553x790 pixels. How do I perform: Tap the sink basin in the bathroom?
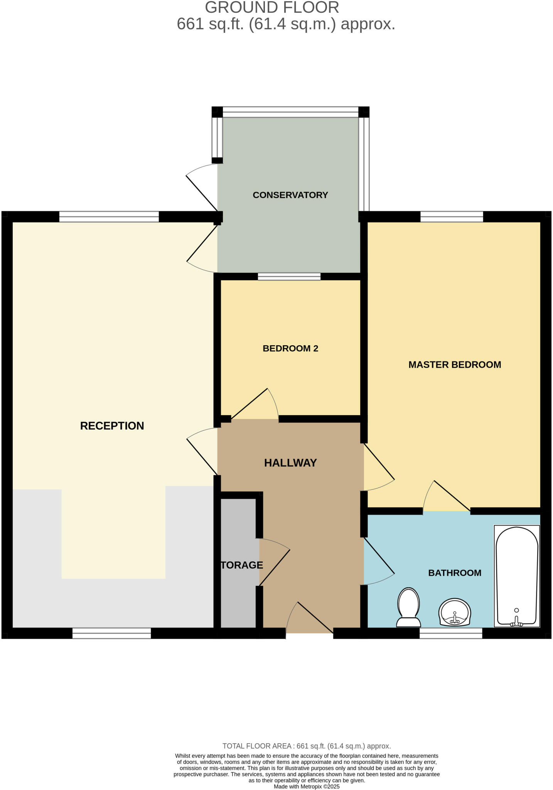tap(455, 612)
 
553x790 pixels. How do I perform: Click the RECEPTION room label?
tap(112, 426)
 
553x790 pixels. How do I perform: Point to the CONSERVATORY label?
tap(290, 195)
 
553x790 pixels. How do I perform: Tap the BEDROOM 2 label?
tap(290, 349)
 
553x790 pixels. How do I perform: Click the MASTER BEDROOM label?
tap(455, 365)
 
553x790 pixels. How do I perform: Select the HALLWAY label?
tap(290, 463)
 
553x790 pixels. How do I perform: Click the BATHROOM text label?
tap(455, 573)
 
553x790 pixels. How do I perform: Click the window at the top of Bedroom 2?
tap(289, 277)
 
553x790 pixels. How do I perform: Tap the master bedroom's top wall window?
tap(452, 217)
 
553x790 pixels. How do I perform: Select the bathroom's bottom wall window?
tap(451, 633)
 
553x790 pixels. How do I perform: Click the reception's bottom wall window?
tap(111, 633)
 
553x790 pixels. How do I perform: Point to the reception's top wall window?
tap(109, 217)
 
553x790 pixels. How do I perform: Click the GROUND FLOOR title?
tap(272, 8)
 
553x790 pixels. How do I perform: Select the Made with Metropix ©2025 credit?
tap(307, 787)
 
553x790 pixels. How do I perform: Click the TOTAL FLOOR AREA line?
tap(307, 746)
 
